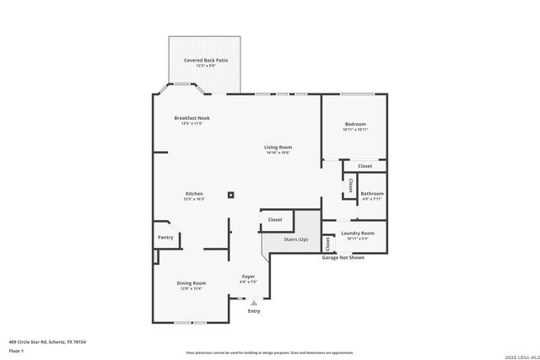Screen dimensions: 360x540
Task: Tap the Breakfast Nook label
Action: pos(192,117)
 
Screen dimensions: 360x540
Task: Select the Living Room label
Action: pos(278,148)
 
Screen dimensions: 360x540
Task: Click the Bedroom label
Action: pos(355,124)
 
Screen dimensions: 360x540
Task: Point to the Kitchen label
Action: pos(194,194)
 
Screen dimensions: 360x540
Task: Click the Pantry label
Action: pos(165,238)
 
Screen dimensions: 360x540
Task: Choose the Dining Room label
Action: pos(192,283)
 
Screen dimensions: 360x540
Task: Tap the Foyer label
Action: pos(248,277)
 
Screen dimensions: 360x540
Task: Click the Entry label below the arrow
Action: pos(254,311)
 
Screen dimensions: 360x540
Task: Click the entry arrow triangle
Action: pos(254,302)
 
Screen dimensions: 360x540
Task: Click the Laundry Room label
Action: pos(358,233)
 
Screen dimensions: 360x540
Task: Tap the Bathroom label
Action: pos(372,194)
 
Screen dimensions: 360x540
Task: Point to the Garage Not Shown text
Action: pos(343,257)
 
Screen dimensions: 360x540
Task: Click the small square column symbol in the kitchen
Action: pos(230,195)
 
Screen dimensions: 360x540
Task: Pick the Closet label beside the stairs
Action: pos(275,219)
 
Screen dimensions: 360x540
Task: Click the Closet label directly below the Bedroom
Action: pos(364,166)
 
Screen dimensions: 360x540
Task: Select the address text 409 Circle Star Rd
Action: pos(47,341)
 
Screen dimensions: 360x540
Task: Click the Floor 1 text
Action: pos(15,350)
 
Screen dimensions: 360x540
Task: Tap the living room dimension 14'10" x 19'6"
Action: pos(278,153)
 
